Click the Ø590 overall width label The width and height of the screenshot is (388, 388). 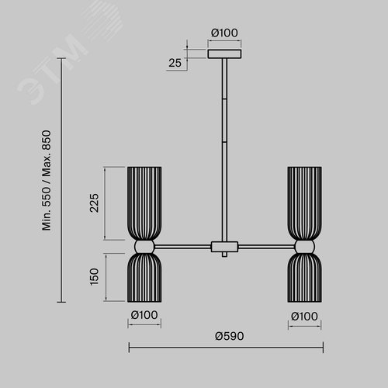pos(230,336)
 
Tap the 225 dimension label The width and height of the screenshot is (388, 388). pos(95,203)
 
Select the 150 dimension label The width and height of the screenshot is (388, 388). pos(95,276)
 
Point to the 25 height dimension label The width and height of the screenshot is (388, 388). pos(175,63)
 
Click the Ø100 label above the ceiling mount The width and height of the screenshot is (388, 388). pos(224,33)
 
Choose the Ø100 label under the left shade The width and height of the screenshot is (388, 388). pos(144,315)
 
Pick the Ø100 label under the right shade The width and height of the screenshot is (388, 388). pos(304,316)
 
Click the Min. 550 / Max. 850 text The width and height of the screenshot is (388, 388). pos(47,180)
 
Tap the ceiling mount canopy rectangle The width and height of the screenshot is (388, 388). pos(224,54)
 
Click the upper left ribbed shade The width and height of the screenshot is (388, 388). pos(144,203)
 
